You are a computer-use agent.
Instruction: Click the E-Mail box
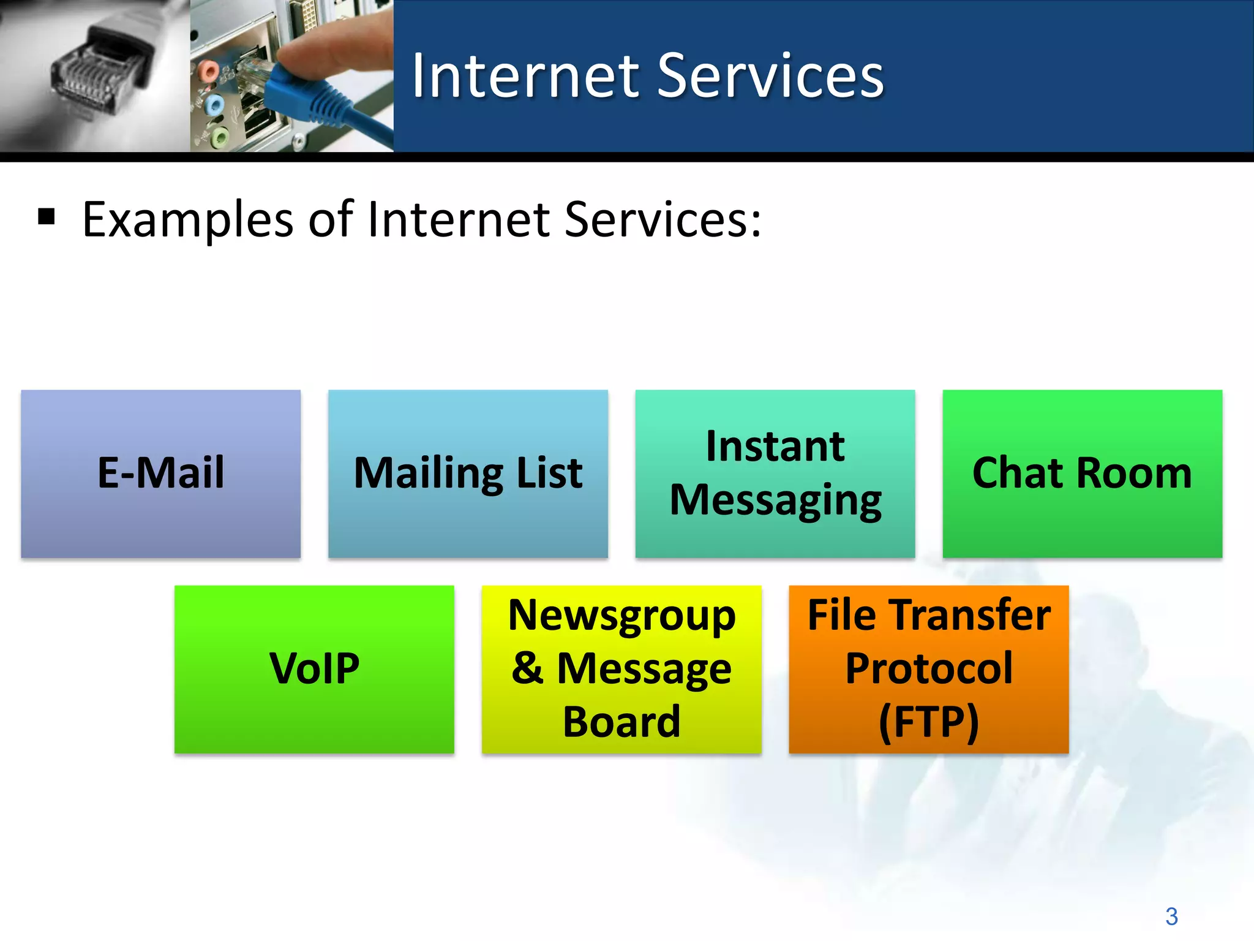(160, 474)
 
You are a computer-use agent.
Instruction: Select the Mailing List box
(468, 474)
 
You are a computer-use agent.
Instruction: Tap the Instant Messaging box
(775, 474)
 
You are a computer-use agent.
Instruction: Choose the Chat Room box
(1082, 474)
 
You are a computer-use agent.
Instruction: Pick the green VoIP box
(314, 669)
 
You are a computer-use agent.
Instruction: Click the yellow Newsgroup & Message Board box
(621, 669)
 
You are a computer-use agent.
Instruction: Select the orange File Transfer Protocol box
(929, 669)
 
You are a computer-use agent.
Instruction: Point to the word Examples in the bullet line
(187, 220)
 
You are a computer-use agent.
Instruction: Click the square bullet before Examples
(47, 217)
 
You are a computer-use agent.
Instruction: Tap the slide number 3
(1171, 916)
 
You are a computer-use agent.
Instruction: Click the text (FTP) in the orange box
(929, 722)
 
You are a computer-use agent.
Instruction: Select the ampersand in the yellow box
(527, 668)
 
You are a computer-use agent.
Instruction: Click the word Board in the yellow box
(621, 722)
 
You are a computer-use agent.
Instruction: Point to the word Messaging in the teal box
(775, 501)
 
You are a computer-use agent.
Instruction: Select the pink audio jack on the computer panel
(209, 71)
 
